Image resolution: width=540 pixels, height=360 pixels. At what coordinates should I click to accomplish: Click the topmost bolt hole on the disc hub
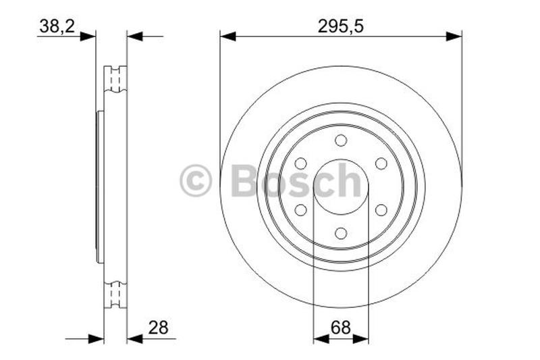point(341,140)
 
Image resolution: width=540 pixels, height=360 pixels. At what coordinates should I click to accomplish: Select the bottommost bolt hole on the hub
point(341,233)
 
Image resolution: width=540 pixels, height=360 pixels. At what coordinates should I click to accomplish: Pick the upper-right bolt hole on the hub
point(381,163)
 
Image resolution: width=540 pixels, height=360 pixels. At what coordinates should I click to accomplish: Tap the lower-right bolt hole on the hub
point(381,209)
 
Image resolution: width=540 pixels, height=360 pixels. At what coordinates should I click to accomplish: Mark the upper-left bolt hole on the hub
point(301,163)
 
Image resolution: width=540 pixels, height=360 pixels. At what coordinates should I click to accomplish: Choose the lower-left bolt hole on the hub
point(301,209)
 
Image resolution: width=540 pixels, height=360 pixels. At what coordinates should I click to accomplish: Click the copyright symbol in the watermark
point(196,181)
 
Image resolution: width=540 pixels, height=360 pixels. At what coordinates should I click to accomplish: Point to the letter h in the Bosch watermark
point(349,180)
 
